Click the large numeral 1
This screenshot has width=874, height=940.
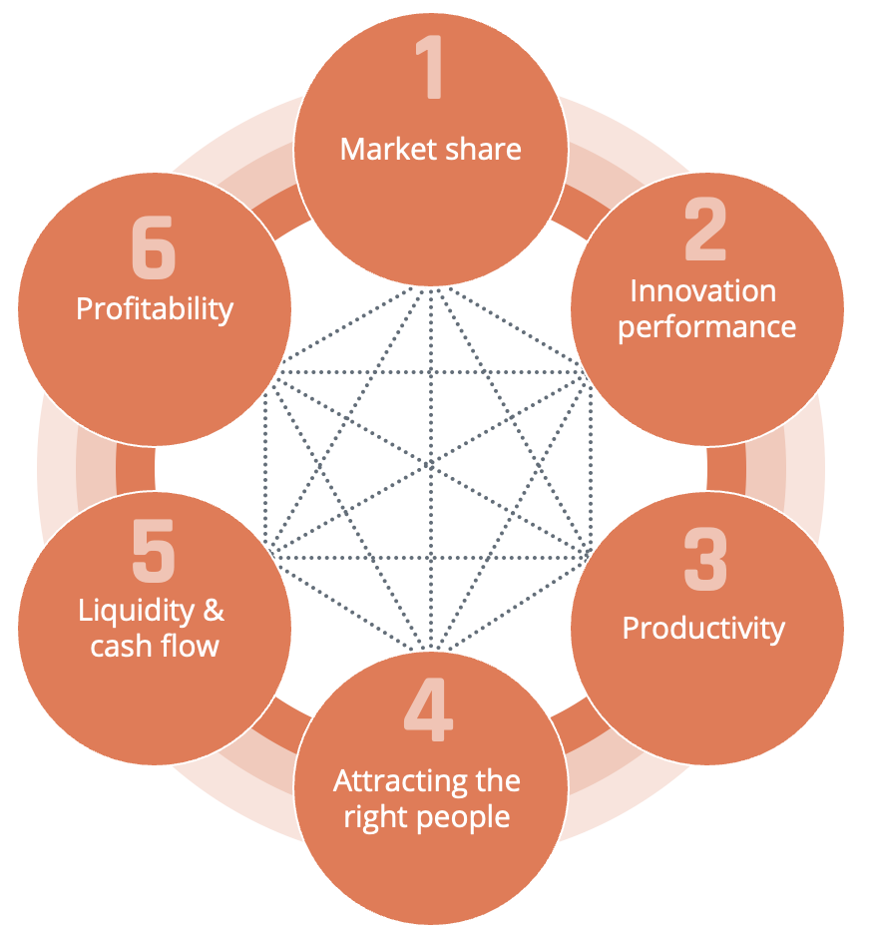click(x=430, y=67)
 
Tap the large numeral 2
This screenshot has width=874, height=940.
click(x=705, y=229)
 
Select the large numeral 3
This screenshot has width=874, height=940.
click(x=705, y=559)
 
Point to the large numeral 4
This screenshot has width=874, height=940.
click(x=429, y=709)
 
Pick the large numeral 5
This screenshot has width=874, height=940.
click(x=154, y=551)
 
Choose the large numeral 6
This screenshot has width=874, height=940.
click(x=154, y=247)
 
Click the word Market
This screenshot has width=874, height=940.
click(x=387, y=150)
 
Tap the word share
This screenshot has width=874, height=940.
click(x=483, y=150)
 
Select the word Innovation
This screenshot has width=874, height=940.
click(x=703, y=291)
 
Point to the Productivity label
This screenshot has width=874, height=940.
click(x=703, y=630)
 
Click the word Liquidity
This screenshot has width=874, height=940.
click(x=137, y=612)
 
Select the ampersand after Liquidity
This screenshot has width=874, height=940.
click(x=214, y=610)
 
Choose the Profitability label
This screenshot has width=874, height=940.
click(x=155, y=310)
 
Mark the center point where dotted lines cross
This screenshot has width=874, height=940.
click(x=430, y=465)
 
